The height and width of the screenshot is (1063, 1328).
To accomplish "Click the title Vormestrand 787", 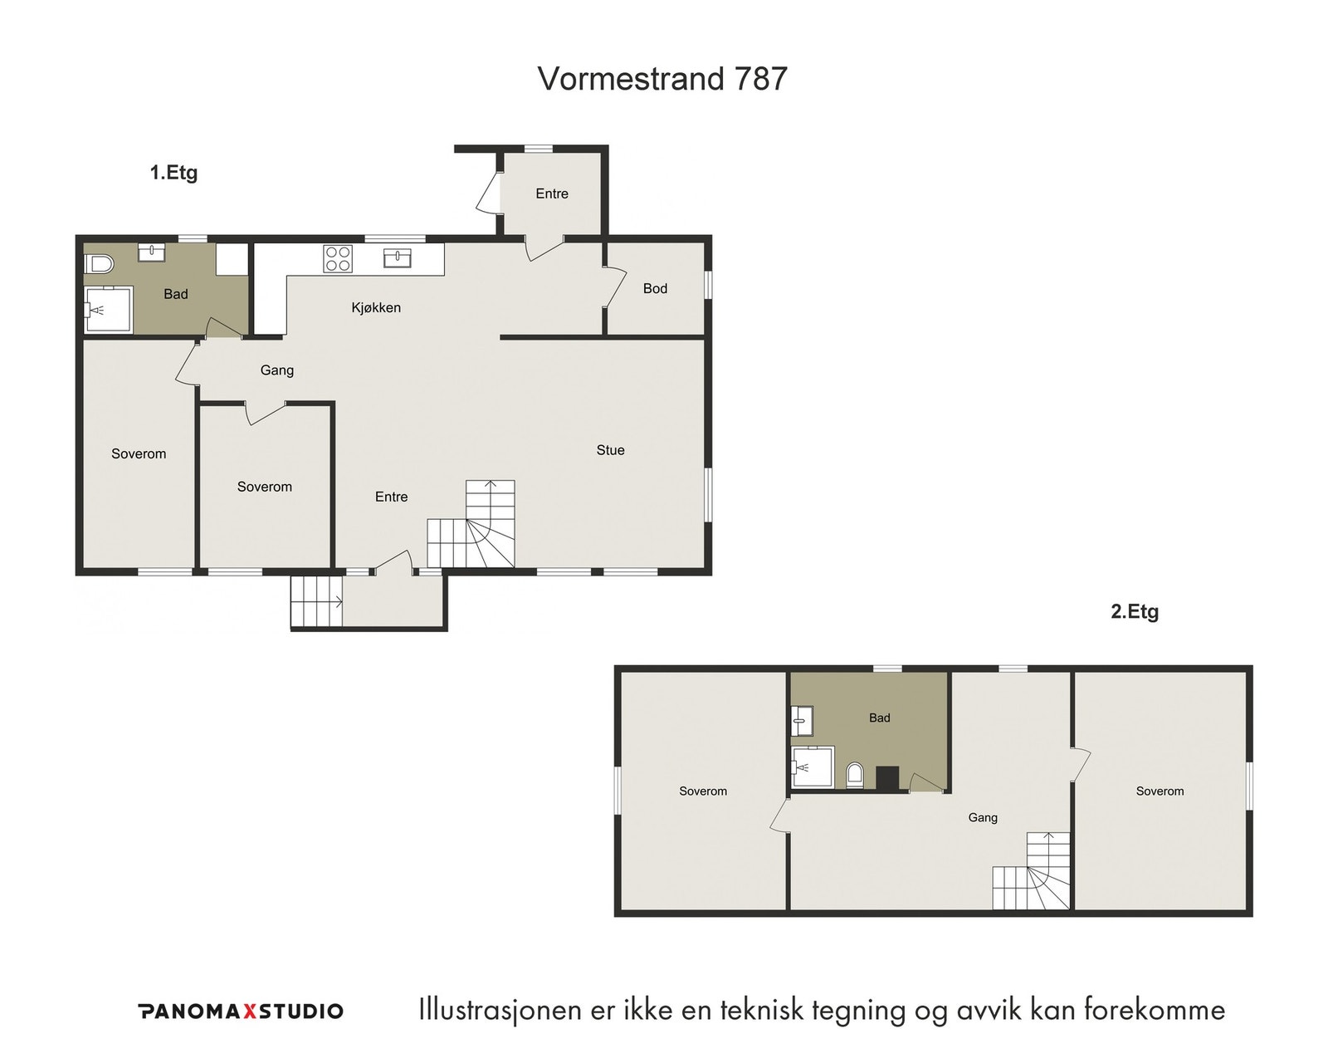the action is pyautogui.click(x=662, y=78).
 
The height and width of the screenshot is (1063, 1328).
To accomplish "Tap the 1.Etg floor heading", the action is pyautogui.click(x=173, y=173).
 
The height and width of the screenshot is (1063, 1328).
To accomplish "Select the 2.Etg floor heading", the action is pyautogui.click(x=1135, y=611).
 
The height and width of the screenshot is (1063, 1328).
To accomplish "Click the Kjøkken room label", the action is pyautogui.click(x=376, y=307).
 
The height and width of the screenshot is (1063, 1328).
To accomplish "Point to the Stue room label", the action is pyautogui.click(x=610, y=450).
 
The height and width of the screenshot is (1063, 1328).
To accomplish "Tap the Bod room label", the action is pyautogui.click(x=655, y=288).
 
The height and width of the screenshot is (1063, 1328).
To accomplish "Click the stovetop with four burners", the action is pyautogui.click(x=338, y=259).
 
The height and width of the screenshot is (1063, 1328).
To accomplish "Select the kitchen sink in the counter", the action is pyautogui.click(x=398, y=258).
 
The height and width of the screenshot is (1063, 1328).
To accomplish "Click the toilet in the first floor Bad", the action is pyautogui.click(x=99, y=265).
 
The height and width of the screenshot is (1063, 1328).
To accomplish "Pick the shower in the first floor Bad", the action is pyautogui.click(x=109, y=310).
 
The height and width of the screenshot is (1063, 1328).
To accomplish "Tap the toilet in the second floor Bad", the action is pyautogui.click(x=855, y=775).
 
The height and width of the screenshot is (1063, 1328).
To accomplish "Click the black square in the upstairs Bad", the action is pyautogui.click(x=887, y=777).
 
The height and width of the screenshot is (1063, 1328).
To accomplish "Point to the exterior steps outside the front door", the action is pyautogui.click(x=316, y=602).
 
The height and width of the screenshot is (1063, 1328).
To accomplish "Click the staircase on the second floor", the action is pyautogui.click(x=1031, y=871).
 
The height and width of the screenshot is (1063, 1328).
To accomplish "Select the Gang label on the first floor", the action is pyautogui.click(x=276, y=370).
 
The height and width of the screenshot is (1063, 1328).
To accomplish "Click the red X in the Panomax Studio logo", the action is pyautogui.click(x=248, y=1012).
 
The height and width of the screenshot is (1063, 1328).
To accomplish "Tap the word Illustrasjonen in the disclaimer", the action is pyautogui.click(x=500, y=1012).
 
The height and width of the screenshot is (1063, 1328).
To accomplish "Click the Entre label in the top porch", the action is pyautogui.click(x=552, y=193).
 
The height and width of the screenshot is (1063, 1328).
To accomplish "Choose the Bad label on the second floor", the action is pyautogui.click(x=879, y=718).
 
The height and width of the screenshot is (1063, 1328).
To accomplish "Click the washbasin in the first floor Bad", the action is pyautogui.click(x=150, y=252).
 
